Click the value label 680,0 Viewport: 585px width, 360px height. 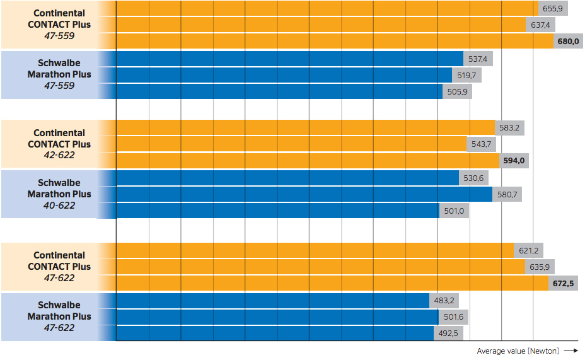point(568,42)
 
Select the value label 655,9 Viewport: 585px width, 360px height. point(553,9)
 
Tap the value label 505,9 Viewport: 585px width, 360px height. point(458,91)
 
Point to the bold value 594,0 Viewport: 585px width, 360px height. point(514,161)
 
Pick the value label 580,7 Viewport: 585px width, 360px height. point(507,195)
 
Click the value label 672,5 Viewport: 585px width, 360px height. point(564,284)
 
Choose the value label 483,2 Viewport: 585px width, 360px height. point(444,300)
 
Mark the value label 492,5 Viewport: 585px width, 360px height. point(448,333)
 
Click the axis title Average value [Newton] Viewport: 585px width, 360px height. point(518,351)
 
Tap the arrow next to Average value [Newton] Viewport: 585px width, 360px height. point(571,351)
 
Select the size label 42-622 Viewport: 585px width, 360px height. point(59,155)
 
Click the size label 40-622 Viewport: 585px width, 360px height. point(59,206)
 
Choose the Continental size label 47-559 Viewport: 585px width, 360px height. point(59,36)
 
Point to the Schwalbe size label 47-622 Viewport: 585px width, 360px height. point(59,328)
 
